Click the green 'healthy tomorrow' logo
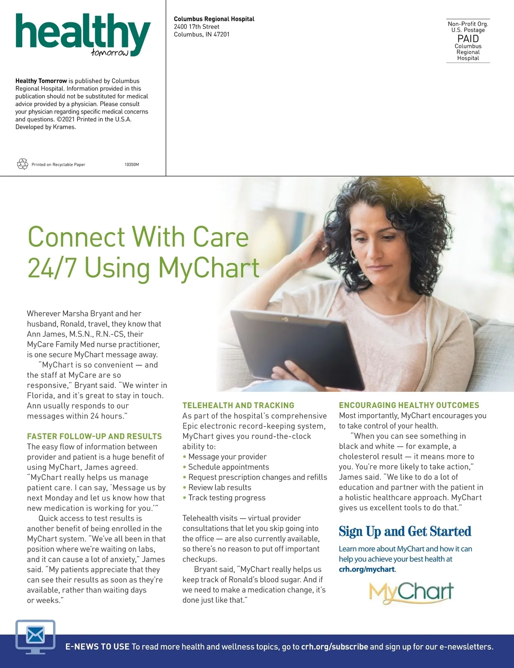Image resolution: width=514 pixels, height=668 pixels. (x=83, y=34)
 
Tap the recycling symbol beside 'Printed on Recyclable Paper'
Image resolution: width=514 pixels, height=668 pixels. (x=22, y=164)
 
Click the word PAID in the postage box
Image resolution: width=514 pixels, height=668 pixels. (x=468, y=39)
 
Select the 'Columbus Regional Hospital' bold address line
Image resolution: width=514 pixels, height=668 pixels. (x=214, y=19)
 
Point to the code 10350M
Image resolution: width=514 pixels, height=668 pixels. (x=131, y=165)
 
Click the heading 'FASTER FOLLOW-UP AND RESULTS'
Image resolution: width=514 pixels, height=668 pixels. (x=94, y=436)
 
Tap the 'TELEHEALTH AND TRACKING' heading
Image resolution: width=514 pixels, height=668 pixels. (x=238, y=405)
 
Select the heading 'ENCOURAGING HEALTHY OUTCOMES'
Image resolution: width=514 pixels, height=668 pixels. (x=409, y=405)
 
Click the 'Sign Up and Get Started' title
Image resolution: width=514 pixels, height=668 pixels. (x=405, y=532)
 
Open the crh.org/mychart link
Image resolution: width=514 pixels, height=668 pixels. (x=367, y=569)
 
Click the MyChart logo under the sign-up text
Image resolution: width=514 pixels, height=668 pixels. (x=411, y=593)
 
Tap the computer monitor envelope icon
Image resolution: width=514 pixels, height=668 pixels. (x=35, y=636)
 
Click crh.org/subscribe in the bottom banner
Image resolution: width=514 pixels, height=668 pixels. (x=335, y=647)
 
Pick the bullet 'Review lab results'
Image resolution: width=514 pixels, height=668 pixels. (x=220, y=487)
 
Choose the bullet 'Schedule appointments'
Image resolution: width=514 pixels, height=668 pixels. (x=229, y=467)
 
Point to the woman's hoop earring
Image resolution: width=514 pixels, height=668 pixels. (x=353, y=254)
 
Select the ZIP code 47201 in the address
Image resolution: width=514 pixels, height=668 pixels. (x=221, y=34)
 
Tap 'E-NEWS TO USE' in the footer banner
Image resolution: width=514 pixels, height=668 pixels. (x=97, y=647)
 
